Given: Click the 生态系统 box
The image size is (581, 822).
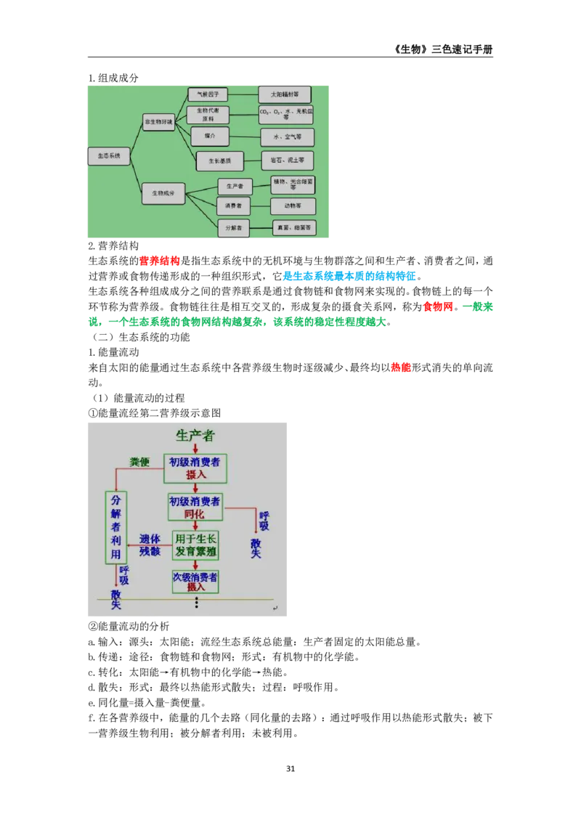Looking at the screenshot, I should click(x=109, y=156).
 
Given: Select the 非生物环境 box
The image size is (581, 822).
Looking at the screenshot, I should click(x=158, y=122).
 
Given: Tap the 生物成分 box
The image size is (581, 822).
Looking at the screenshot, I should click(x=163, y=193).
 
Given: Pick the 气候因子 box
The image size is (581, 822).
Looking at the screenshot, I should click(x=208, y=94).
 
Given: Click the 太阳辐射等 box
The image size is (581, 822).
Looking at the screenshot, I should click(x=284, y=94).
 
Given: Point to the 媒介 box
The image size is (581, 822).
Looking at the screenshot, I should click(x=209, y=136).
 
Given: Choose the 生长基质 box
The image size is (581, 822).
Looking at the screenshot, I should click(x=219, y=160).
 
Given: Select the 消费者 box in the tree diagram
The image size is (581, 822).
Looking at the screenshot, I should click(x=233, y=206).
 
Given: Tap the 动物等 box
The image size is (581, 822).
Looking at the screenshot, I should click(x=293, y=206).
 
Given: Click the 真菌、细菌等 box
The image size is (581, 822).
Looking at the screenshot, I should click(x=293, y=227).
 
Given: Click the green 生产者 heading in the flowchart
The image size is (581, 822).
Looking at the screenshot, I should click(x=195, y=436).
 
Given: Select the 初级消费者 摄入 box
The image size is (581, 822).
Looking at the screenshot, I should click(x=195, y=468).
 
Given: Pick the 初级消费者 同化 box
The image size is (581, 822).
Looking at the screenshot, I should click(x=195, y=507).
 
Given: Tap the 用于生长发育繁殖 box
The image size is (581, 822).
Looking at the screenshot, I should click(x=195, y=545).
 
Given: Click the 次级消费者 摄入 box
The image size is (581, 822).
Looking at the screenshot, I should click(x=195, y=581).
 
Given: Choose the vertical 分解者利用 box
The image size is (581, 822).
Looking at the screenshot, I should click(x=115, y=527).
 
